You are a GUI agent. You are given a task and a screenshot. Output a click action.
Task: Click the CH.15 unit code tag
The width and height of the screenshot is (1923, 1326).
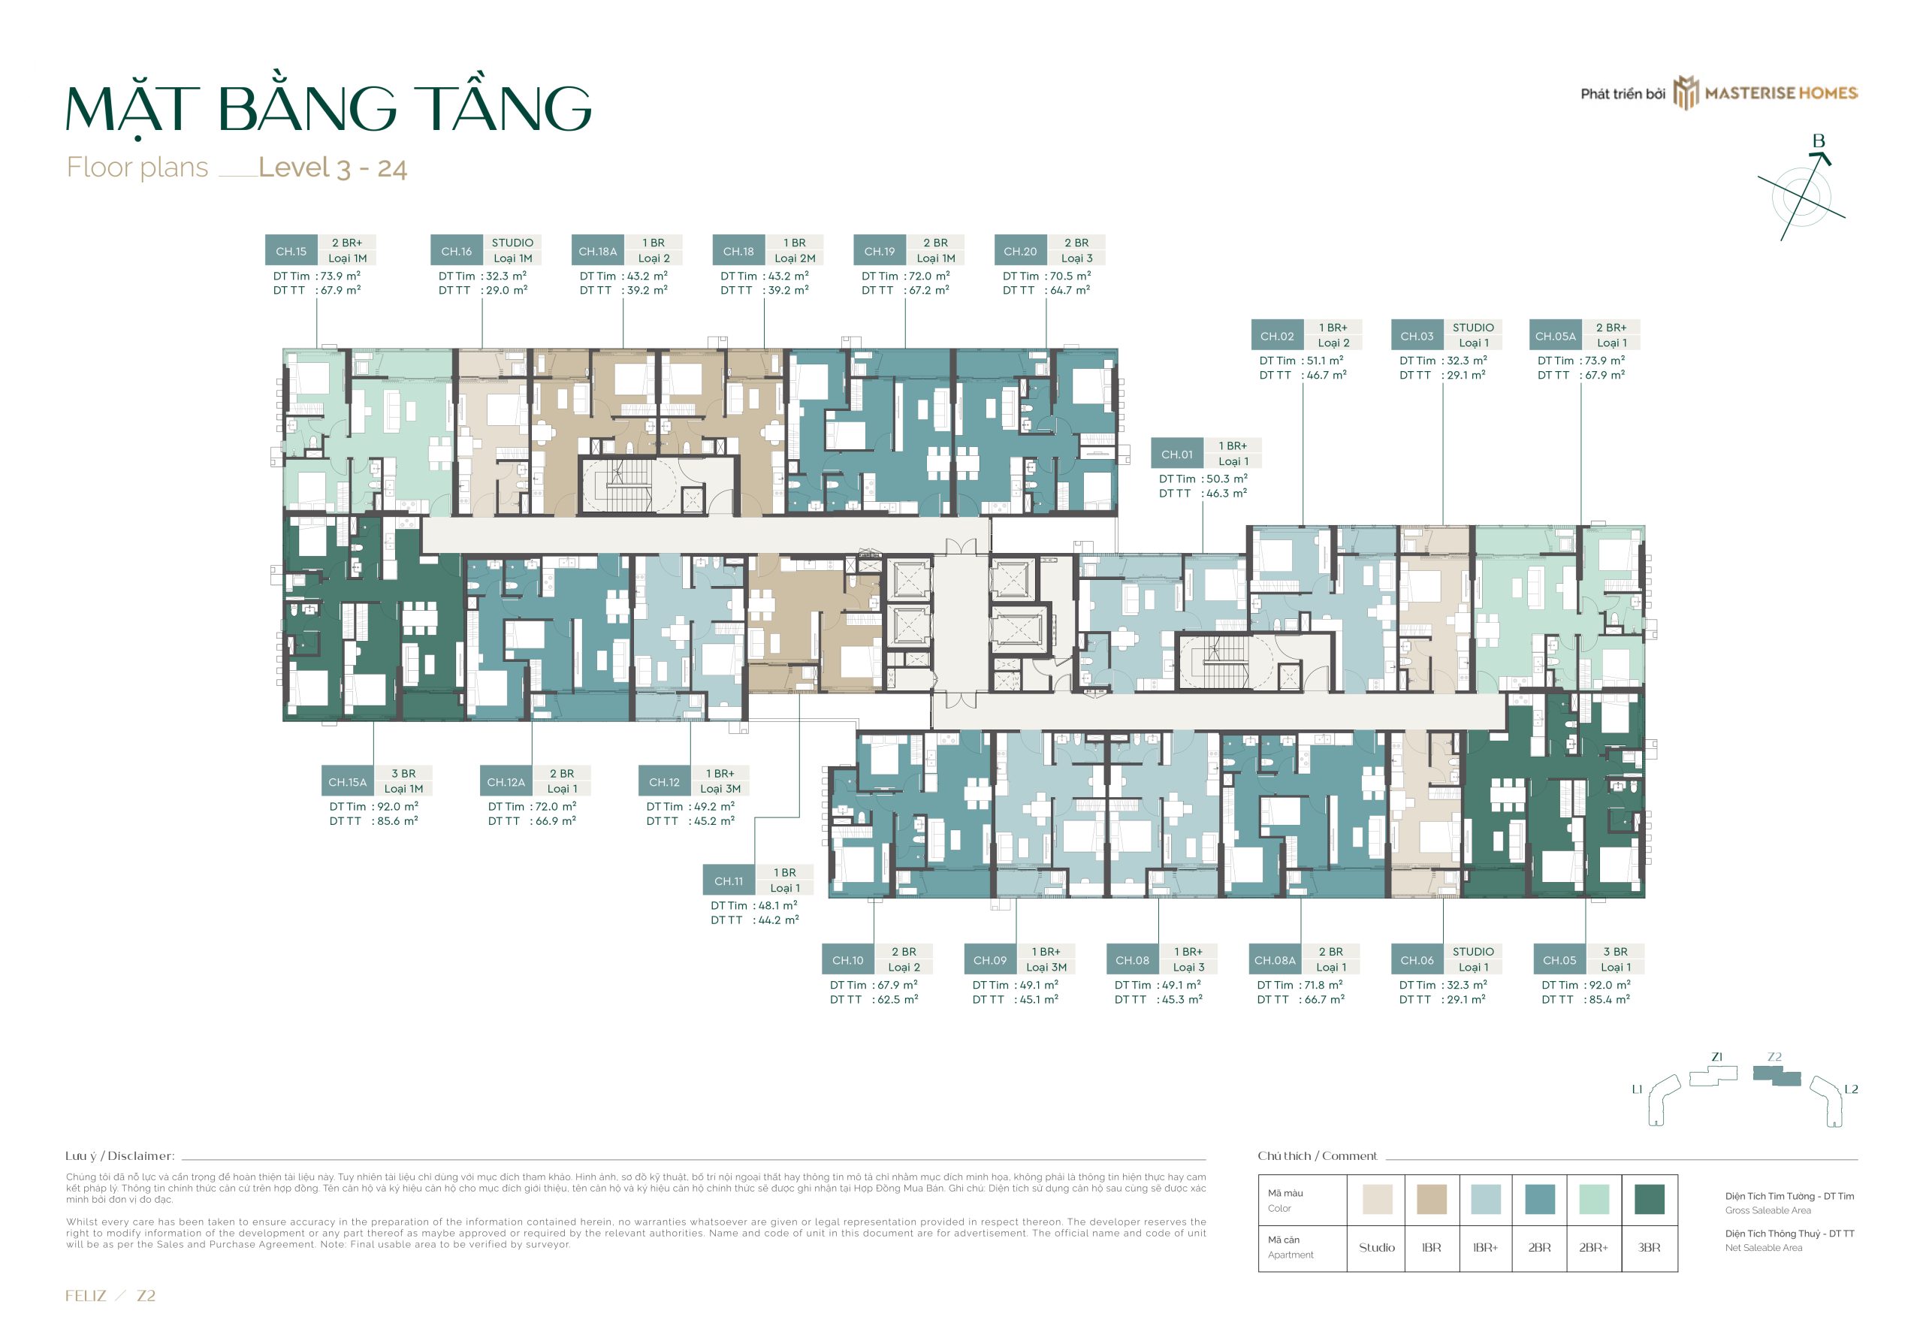pyautogui.click(x=291, y=251)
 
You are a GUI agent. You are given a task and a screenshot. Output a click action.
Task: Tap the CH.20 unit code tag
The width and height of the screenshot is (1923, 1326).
pyautogui.click(x=1019, y=251)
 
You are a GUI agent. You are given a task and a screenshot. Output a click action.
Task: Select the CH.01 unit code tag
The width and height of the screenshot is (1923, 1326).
pyautogui.click(x=1176, y=455)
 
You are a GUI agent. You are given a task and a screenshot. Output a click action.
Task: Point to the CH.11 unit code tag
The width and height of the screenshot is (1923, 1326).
pyautogui.click(x=729, y=881)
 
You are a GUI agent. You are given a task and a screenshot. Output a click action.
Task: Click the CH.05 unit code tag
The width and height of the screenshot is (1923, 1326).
pyautogui.click(x=1559, y=960)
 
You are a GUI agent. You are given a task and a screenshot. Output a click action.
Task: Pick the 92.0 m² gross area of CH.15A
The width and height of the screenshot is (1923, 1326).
pyautogui.click(x=397, y=807)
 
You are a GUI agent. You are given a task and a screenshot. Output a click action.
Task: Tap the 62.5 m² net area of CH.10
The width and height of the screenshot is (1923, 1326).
pyautogui.click(x=897, y=999)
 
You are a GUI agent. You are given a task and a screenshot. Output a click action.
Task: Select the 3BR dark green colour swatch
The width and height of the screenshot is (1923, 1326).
pyautogui.click(x=1649, y=1199)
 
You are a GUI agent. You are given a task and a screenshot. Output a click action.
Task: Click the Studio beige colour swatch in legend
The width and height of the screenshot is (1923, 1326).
pyautogui.click(x=1376, y=1199)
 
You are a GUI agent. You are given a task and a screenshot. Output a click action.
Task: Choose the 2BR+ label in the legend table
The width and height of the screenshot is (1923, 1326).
pyautogui.click(x=1593, y=1247)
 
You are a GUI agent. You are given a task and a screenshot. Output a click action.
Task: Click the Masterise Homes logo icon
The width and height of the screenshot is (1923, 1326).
pyautogui.click(x=1686, y=93)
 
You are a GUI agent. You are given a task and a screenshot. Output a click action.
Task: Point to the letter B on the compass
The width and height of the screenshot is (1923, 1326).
pyautogui.click(x=1819, y=141)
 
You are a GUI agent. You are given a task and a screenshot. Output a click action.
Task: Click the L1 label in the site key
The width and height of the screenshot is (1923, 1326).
pyautogui.click(x=1636, y=1089)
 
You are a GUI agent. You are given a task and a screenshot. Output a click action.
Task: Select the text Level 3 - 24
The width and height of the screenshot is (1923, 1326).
pyautogui.click(x=332, y=168)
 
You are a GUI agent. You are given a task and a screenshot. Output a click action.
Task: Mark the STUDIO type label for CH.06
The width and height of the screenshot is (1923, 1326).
pyautogui.click(x=1473, y=951)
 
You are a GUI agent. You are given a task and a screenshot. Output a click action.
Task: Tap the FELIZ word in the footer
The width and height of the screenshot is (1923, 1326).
pyautogui.click(x=86, y=1295)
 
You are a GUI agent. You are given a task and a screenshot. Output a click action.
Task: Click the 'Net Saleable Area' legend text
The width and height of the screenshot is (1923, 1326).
pyautogui.click(x=1763, y=1247)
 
